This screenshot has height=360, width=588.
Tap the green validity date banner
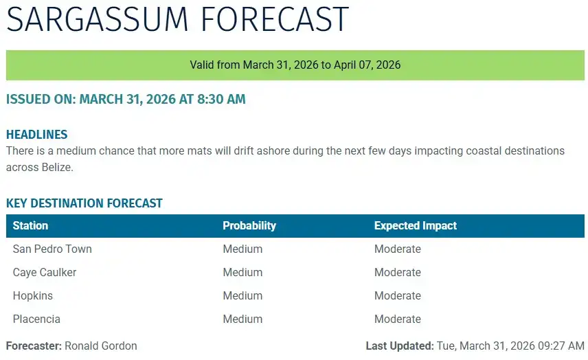point(295,65)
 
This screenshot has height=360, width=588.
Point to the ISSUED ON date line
point(126,100)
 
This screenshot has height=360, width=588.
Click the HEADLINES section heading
point(36,135)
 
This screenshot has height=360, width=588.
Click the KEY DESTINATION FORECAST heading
point(84,203)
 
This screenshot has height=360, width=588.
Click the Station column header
point(30,225)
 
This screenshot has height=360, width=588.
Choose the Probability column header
point(249,225)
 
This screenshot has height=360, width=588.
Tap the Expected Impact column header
point(415,225)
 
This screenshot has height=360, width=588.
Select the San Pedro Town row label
point(52,249)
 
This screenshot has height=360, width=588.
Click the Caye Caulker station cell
point(45,273)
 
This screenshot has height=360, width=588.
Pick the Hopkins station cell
point(33,296)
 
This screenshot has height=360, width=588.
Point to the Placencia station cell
point(36,319)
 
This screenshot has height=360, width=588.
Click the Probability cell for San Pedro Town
point(242,249)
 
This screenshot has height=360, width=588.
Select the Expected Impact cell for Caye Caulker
point(397,273)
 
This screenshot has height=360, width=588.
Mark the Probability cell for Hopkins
point(242,296)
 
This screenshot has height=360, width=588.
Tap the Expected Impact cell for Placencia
point(397,319)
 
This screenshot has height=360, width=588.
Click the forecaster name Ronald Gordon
point(100,346)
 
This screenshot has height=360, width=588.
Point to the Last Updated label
point(399,346)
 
